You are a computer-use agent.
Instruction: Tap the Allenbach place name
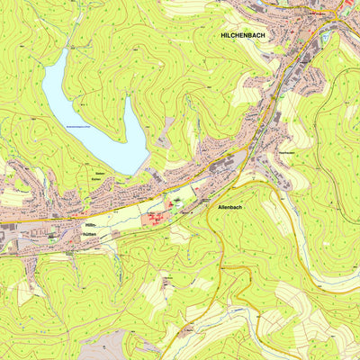pos(230,207)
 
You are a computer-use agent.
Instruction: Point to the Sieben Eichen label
pos(99,176)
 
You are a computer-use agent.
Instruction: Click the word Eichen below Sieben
pos(99,180)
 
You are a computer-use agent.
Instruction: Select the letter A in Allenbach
pos(220,207)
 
